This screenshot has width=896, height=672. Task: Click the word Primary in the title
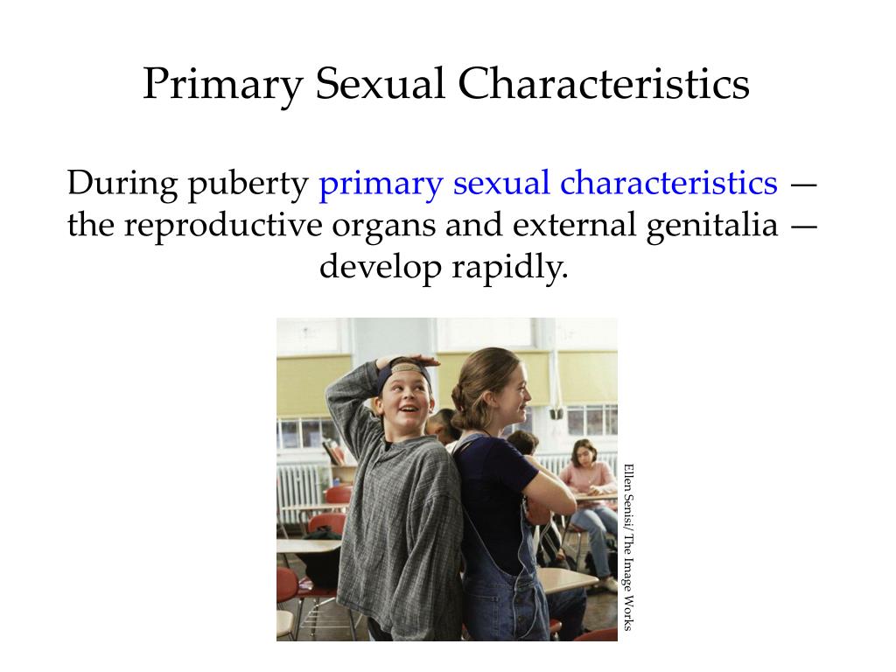(222, 85)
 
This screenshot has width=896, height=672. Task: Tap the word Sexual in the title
(380, 83)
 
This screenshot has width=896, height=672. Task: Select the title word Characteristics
(604, 83)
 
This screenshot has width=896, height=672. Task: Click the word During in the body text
(122, 183)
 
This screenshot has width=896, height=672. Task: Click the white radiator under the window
(298, 493)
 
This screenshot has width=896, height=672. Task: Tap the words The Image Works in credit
(628, 582)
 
